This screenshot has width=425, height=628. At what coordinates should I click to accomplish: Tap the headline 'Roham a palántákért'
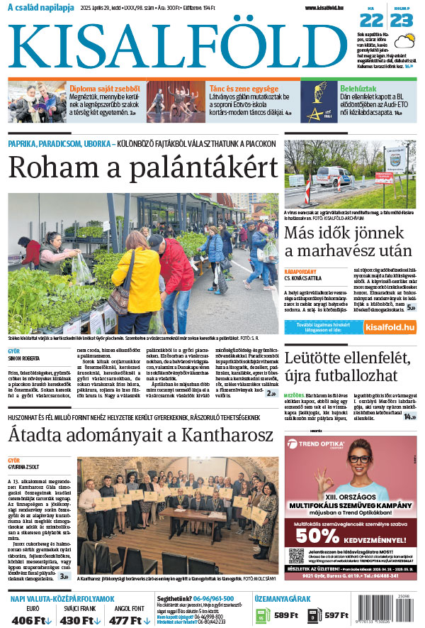[x=142, y=167]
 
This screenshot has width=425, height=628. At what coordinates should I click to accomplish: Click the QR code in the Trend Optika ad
[x=296, y=555]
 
